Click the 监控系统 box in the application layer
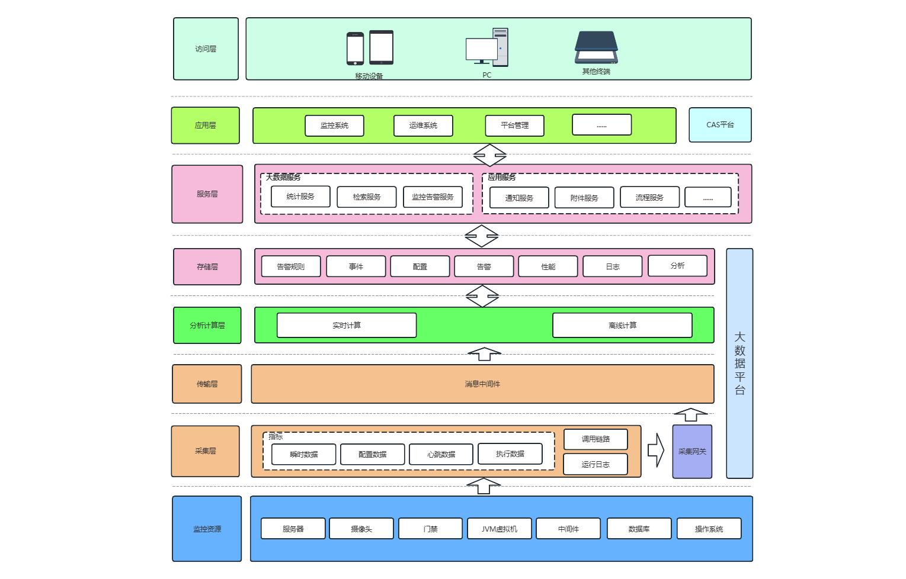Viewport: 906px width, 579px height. [x=334, y=126]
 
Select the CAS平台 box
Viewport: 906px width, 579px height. [x=720, y=125]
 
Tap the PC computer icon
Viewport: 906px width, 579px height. [x=487, y=47]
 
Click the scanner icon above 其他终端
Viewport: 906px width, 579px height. [x=596, y=47]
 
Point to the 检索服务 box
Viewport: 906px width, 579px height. [x=366, y=197]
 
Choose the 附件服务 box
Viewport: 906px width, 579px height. [x=584, y=198]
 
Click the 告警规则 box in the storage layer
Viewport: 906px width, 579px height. [x=291, y=266]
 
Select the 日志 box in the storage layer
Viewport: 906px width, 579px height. [x=612, y=266]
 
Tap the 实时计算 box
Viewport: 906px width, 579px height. [x=347, y=325]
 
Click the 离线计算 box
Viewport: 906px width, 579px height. [x=622, y=325]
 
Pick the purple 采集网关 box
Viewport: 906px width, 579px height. [x=692, y=451]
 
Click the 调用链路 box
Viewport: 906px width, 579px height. [x=596, y=439]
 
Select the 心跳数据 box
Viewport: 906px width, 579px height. [x=441, y=454]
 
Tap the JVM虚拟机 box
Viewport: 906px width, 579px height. [x=499, y=529]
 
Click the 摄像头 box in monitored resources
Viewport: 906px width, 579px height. [x=361, y=529]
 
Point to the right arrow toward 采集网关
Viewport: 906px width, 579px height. [x=656, y=450]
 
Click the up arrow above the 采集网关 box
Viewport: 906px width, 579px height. [x=691, y=414]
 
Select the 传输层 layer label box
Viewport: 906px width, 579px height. [x=207, y=384]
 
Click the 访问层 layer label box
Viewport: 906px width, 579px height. [x=206, y=49]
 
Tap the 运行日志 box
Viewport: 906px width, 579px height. [x=596, y=464]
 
